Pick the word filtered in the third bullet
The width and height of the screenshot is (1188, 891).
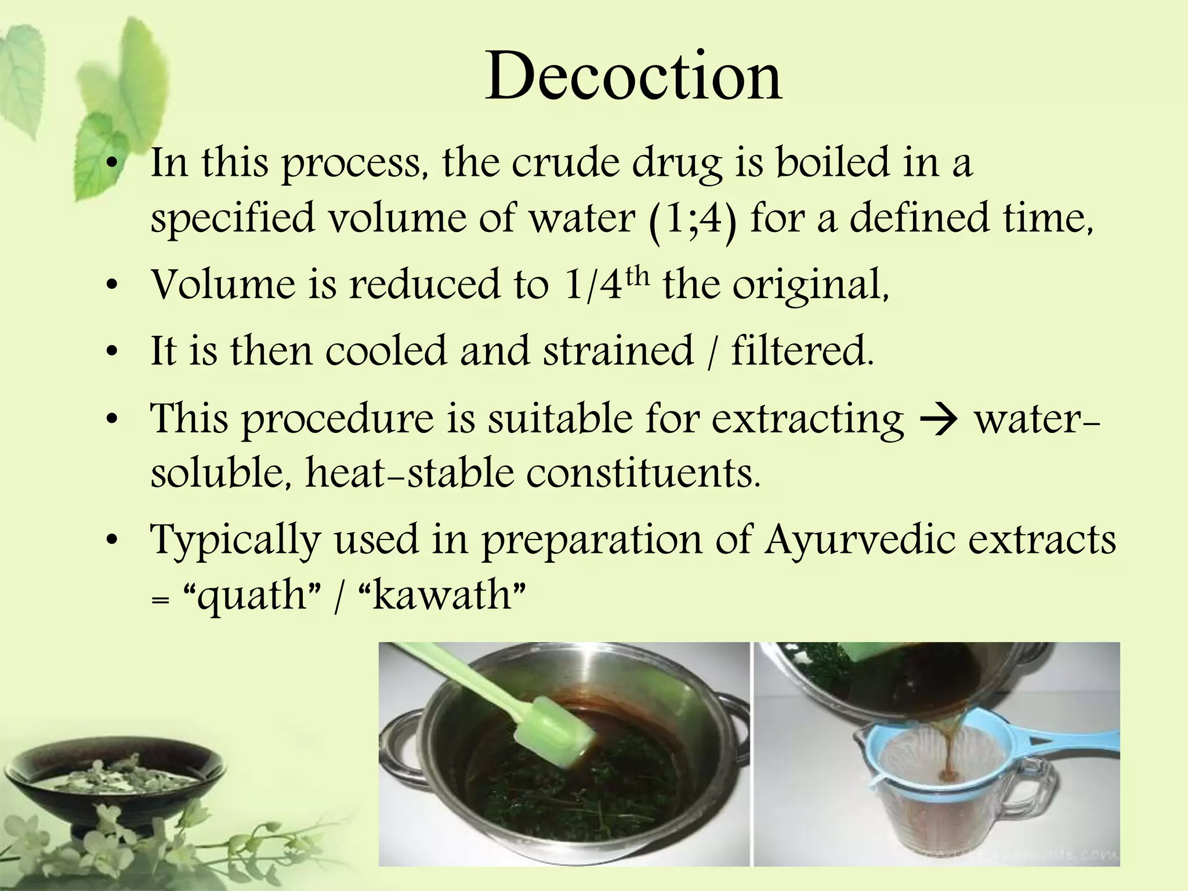click(x=802, y=351)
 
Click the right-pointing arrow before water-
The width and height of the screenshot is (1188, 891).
click(x=939, y=419)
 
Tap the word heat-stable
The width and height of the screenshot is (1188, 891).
click(x=410, y=473)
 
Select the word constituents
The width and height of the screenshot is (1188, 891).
click(x=643, y=473)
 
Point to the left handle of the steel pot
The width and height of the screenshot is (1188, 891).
click(x=400, y=734)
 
